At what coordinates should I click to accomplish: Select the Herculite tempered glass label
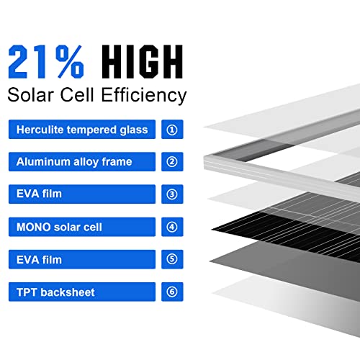[x=82, y=130]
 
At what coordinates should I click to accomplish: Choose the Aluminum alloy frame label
[x=74, y=162]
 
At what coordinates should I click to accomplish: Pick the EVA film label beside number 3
[x=39, y=194]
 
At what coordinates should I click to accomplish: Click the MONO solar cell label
[x=59, y=227]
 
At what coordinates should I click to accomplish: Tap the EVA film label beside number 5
[x=39, y=259]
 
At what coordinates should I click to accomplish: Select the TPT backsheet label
[x=55, y=292]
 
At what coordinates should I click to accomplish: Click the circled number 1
[x=171, y=130]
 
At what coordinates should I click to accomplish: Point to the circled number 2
[x=171, y=162]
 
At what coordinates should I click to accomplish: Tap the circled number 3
[x=171, y=194]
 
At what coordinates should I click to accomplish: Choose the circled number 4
[x=171, y=227]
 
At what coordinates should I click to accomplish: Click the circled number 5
[x=171, y=259]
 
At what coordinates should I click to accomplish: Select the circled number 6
[x=171, y=292]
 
